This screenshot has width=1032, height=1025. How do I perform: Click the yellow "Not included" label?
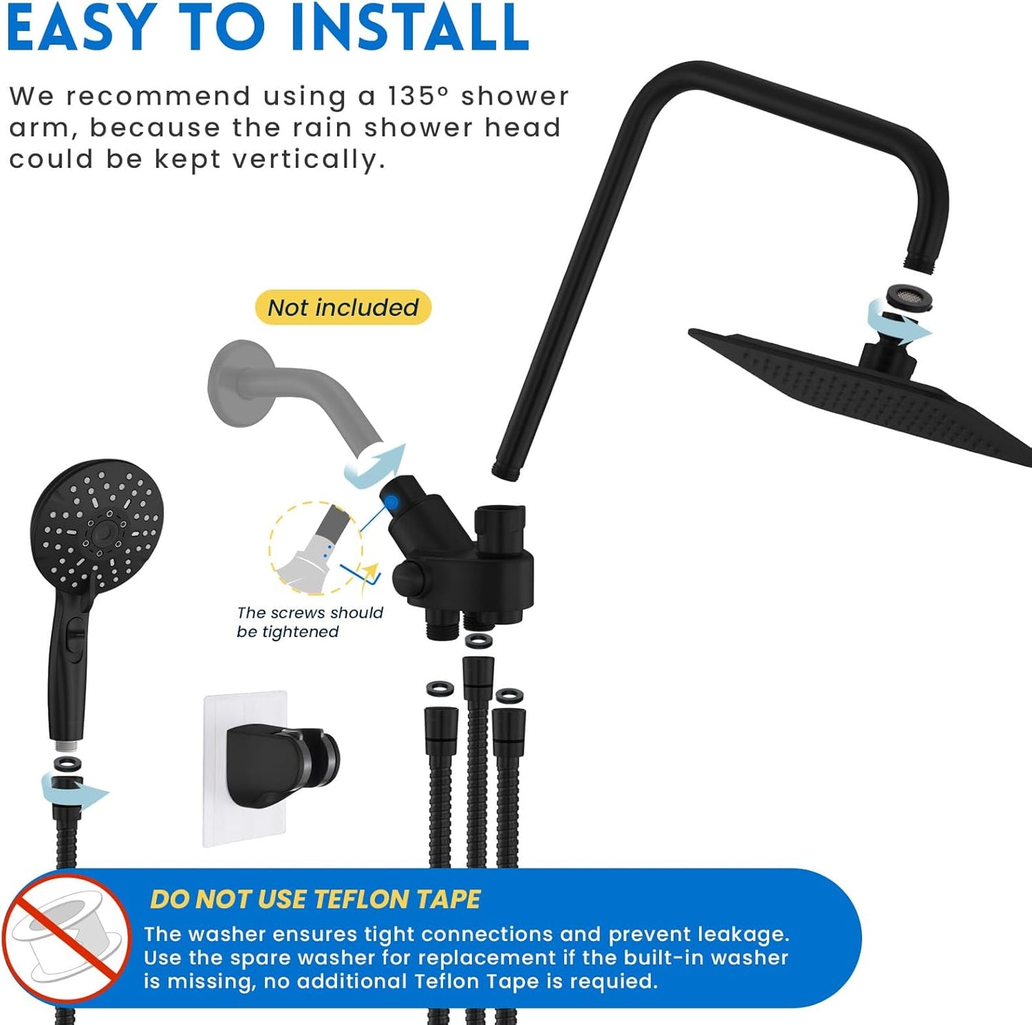[343, 308]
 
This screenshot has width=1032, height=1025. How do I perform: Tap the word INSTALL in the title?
[410, 28]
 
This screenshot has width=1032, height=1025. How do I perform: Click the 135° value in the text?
[419, 96]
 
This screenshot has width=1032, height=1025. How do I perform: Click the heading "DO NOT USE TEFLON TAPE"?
[315, 899]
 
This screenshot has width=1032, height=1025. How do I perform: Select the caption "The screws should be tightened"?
[309, 622]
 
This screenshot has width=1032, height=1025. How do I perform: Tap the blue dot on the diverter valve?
[391, 503]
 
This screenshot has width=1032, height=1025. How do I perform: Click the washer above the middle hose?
[478, 641]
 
